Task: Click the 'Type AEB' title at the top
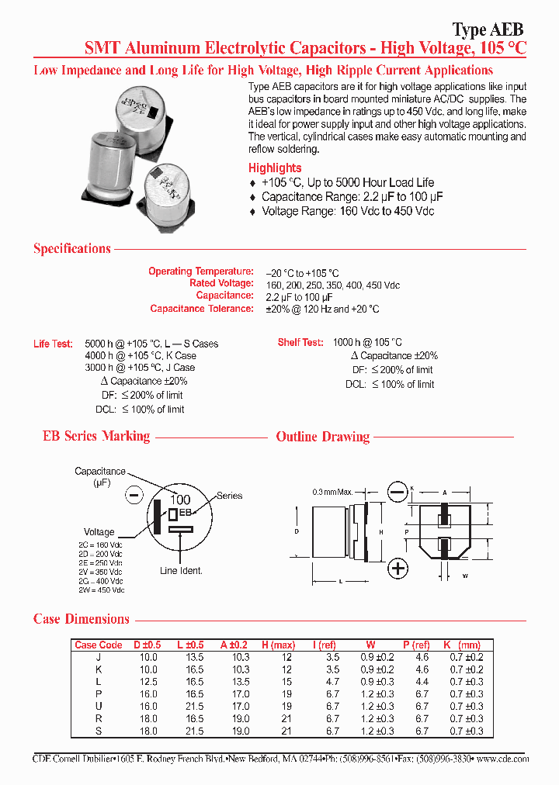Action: [488, 29]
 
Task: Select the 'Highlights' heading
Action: [275, 168]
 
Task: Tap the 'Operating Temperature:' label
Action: [201, 271]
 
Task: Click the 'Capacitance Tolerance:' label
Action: [202, 309]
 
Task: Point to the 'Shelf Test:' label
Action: [300, 342]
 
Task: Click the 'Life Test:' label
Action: [54, 344]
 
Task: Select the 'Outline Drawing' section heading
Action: [323, 437]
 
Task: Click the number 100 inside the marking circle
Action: [180, 500]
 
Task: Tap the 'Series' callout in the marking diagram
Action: [230, 496]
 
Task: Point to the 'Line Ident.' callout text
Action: [181, 571]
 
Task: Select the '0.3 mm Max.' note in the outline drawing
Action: [332, 492]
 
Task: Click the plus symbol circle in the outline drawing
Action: [398, 569]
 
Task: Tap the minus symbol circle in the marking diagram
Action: [134, 494]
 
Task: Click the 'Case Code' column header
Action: [98, 645]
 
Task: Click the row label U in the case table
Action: [98, 707]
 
